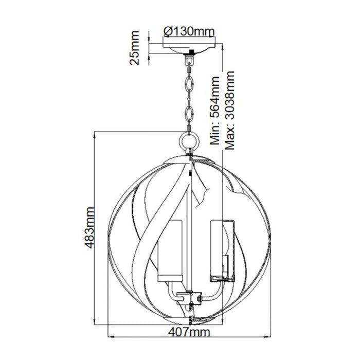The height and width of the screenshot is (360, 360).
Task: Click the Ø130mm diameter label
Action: tap(188, 31)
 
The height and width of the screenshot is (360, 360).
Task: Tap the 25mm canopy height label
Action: tap(135, 47)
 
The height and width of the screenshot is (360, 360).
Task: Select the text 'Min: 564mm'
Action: tap(215, 111)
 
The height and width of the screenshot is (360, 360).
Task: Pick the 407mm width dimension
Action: tap(190, 333)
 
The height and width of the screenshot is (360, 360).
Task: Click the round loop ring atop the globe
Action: tap(191, 139)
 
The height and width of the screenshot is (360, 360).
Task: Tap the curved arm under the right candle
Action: tap(209, 291)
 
